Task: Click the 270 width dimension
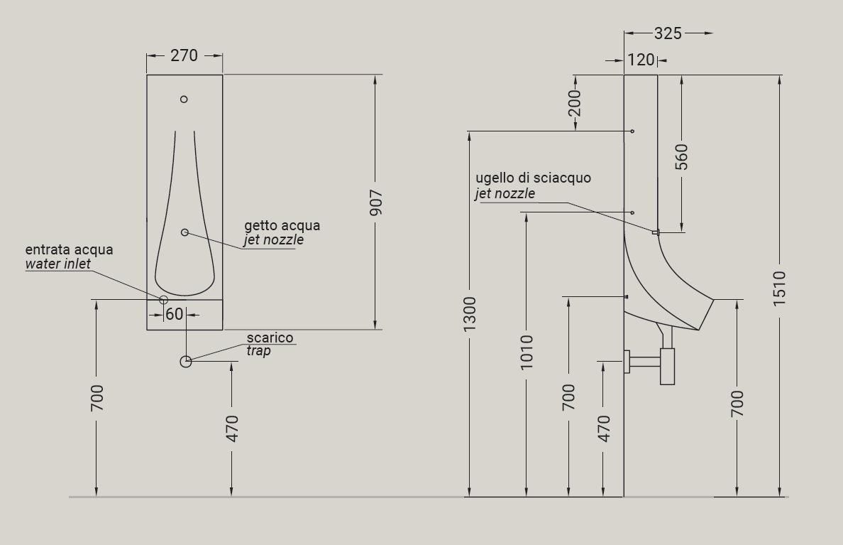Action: click(x=184, y=55)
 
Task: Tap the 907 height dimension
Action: click(x=376, y=203)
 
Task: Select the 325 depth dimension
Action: click(x=668, y=33)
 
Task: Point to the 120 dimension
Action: click(x=641, y=60)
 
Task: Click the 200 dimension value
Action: click(x=575, y=103)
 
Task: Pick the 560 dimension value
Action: click(x=681, y=157)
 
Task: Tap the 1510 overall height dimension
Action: click(x=779, y=289)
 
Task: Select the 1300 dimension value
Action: click(x=469, y=314)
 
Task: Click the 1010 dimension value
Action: click(x=527, y=352)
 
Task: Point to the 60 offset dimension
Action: click(x=174, y=314)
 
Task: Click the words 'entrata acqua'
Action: click(x=69, y=250)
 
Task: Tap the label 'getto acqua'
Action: click(x=282, y=225)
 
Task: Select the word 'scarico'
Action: click(x=270, y=338)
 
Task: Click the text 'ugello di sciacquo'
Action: click(x=534, y=178)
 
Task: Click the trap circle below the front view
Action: click(x=185, y=362)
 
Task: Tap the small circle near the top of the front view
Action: click(x=184, y=99)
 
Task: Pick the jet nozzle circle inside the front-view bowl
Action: click(x=185, y=232)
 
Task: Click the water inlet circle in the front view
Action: click(x=163, y=299)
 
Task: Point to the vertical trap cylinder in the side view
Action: click(x=667, y=367)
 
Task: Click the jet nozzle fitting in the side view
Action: click(x=656, y=232)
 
